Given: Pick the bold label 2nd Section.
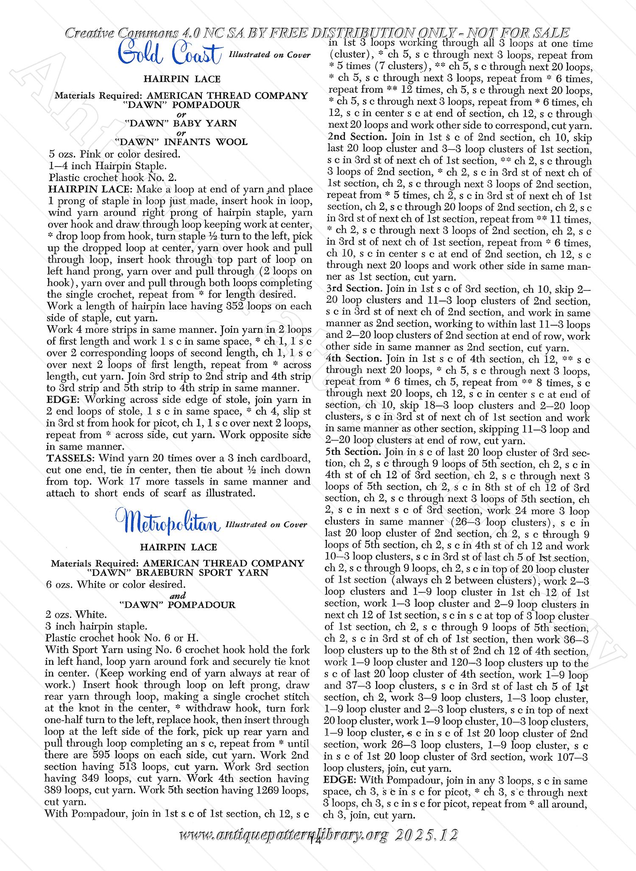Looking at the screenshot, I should point(358,137).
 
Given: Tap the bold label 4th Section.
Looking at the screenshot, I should point(354,359).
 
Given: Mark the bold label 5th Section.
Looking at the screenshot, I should point(354,452).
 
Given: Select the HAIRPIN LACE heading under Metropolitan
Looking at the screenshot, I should point(179,547).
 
